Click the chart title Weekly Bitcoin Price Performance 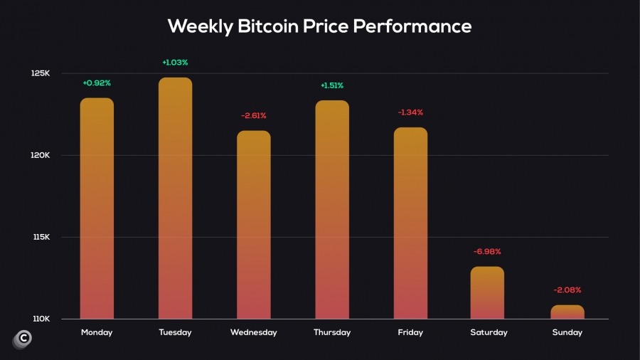coord(319,26)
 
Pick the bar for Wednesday coord(254,225)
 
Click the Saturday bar coord(487,292)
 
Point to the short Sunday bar coord(567,312)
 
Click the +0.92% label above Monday coord(97,83)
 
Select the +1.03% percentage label coord(175,63)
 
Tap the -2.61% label coord(254,115)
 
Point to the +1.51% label coord(332,85)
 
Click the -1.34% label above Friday coord(410,112)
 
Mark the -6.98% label coord(487,251)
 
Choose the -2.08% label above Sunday coord(567,290)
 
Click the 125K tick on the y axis coord(41,73)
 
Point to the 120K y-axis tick coord(41,155)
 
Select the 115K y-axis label coord(41,237)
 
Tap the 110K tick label coord(41,319)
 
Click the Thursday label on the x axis coord(332,332)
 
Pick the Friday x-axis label coord(410,332)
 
